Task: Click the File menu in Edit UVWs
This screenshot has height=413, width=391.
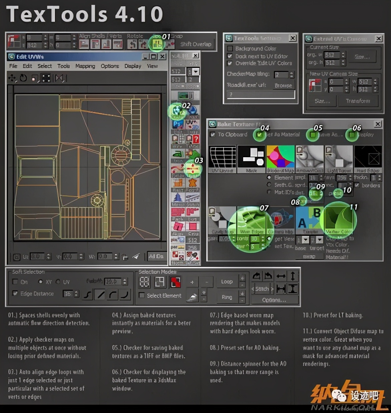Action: pyautogui.click(x=13, y=66)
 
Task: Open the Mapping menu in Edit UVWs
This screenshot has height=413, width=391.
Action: pyautogui.click(x=85, y=66)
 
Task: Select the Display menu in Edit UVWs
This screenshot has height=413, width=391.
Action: pyautogui.click(x=133, y=66)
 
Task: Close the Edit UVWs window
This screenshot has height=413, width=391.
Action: pyautogui.click(x=162, y=57)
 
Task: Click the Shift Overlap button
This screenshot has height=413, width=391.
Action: pyautogui.click(x=196, y=44)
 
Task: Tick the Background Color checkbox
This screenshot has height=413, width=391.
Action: pyautogui.click(x=230, y=49)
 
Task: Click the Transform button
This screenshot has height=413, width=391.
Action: pyautogui.click(x=358, y=101)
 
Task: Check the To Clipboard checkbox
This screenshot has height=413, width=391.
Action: pyautogui.click(x=213, y=135)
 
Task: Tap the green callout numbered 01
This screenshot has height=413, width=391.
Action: pyautogui.click(x=156, y=43)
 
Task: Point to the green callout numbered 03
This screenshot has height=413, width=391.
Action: pyautogui.click(x=193, y=168)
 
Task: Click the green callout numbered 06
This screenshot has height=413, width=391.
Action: pyautogui.click(x=351, y=135)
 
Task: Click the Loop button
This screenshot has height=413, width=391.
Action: pyautogui.click(x=227, y=282)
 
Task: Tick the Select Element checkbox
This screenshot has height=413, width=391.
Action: pyautogui.click(x=142, y=295)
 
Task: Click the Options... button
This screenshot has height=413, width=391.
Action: pyautogui.click(x=274, y=300)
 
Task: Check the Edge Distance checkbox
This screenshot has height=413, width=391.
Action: pyautogui.click(x=15, y=293)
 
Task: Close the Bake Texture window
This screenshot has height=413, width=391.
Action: pyautogui.click(x=378, y=124)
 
